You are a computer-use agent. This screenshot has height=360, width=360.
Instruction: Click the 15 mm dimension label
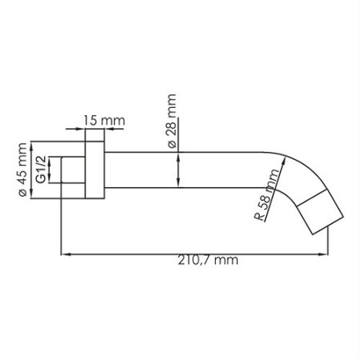coord(104,121)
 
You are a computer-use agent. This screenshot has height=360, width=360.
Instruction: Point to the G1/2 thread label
coord(41,171)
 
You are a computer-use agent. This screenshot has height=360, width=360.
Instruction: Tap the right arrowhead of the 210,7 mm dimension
coord(327,256)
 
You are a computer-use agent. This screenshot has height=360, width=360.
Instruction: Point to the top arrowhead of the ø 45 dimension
coord(32,144)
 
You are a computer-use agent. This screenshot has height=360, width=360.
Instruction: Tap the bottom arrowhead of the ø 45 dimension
coord(32,197)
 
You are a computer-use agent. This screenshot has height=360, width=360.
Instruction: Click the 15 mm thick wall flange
coord(94,170)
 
